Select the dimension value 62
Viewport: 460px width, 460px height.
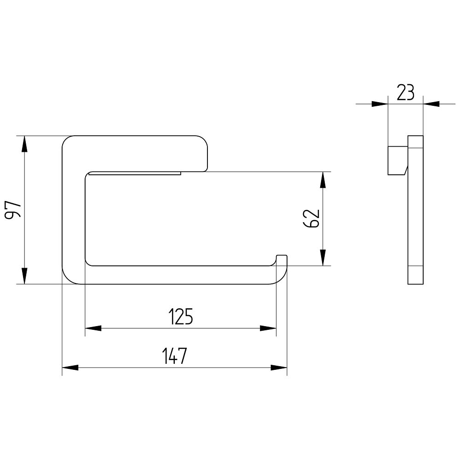(311, 218)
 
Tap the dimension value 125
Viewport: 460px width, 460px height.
(181, 316)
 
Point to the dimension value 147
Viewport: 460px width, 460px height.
(174, 356)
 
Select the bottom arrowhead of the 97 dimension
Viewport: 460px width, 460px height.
(25, 276)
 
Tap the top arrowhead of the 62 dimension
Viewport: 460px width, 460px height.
(323, 180)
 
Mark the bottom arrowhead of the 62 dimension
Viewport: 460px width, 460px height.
(323, 258)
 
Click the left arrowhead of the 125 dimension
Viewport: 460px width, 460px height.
(93, 328)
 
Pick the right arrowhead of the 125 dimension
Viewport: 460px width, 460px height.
(268, 328)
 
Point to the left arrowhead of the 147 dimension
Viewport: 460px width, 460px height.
(70, 368)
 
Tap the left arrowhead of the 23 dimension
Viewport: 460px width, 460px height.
(380, 104)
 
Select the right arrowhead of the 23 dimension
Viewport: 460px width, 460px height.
(431, 104)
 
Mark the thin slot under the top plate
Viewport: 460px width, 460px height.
(135, 173)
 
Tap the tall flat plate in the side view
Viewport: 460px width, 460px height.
(415, 210)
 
